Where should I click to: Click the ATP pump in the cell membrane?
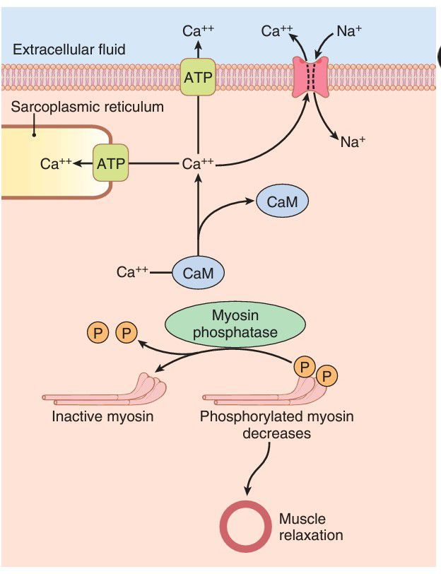click(198, 78)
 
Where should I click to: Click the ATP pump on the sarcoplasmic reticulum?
click(111, 164)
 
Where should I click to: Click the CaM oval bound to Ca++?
click(198, 271)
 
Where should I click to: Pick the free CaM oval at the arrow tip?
click(282, 203)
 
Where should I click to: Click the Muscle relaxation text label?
click(310, 526)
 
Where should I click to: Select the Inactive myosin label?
click(102, 416)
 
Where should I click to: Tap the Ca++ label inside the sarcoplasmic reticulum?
click(56, 164)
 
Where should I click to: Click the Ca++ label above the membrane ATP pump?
click(198, 30)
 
